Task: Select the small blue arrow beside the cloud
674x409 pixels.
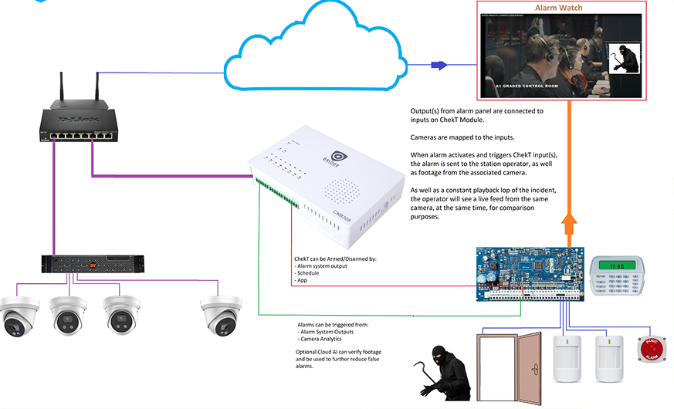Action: tap(439, 65)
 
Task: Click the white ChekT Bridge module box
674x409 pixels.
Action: tap(333, 186)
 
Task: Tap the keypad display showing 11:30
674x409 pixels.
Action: tap(618, 265)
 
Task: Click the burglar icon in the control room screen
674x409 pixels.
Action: tap(623, 59)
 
